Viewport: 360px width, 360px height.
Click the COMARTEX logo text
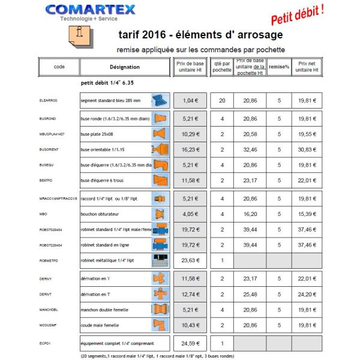[x=90, y=10]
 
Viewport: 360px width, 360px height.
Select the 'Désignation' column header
[x=125, y=67]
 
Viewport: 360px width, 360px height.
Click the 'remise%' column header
[x=279, y=67]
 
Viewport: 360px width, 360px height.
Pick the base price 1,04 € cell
[x=190, y=101]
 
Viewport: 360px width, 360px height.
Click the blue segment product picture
[x=158, y=100]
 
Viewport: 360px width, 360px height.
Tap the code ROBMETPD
[x=47, y=260]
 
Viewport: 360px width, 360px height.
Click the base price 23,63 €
[x=190, y=260]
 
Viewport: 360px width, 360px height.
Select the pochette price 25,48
[x=250, y=310]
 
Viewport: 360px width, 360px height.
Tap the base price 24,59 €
[x=190, y=344]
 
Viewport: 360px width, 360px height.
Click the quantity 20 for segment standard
[x=222, y=101]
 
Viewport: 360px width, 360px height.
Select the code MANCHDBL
[x=48, y=310]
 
